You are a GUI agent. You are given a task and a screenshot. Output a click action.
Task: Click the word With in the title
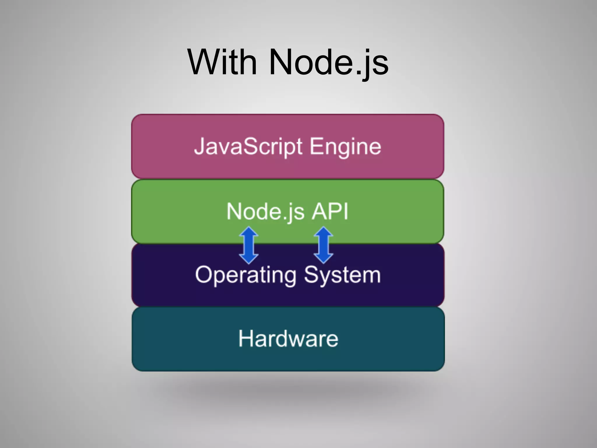coord(222,62)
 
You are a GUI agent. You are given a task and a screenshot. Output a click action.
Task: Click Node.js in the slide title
coord(329,62)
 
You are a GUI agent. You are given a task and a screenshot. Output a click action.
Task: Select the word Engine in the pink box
coord(345,146)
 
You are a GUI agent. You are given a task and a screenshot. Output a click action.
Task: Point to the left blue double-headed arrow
coord(249,245)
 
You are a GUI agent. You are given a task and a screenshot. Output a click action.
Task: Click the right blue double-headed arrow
coord(324,245)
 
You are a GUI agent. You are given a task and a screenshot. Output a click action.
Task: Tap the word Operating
coord(246,275)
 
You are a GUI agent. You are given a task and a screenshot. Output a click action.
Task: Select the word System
coord(342,275)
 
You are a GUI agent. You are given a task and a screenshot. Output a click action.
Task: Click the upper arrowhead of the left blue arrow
coord(249,232)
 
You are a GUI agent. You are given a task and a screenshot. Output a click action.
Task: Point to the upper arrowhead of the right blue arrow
coord(324,232)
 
